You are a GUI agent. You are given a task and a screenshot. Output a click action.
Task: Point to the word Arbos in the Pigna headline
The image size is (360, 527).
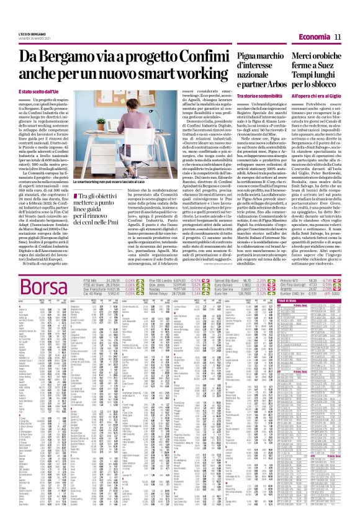[x=281, y=84]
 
